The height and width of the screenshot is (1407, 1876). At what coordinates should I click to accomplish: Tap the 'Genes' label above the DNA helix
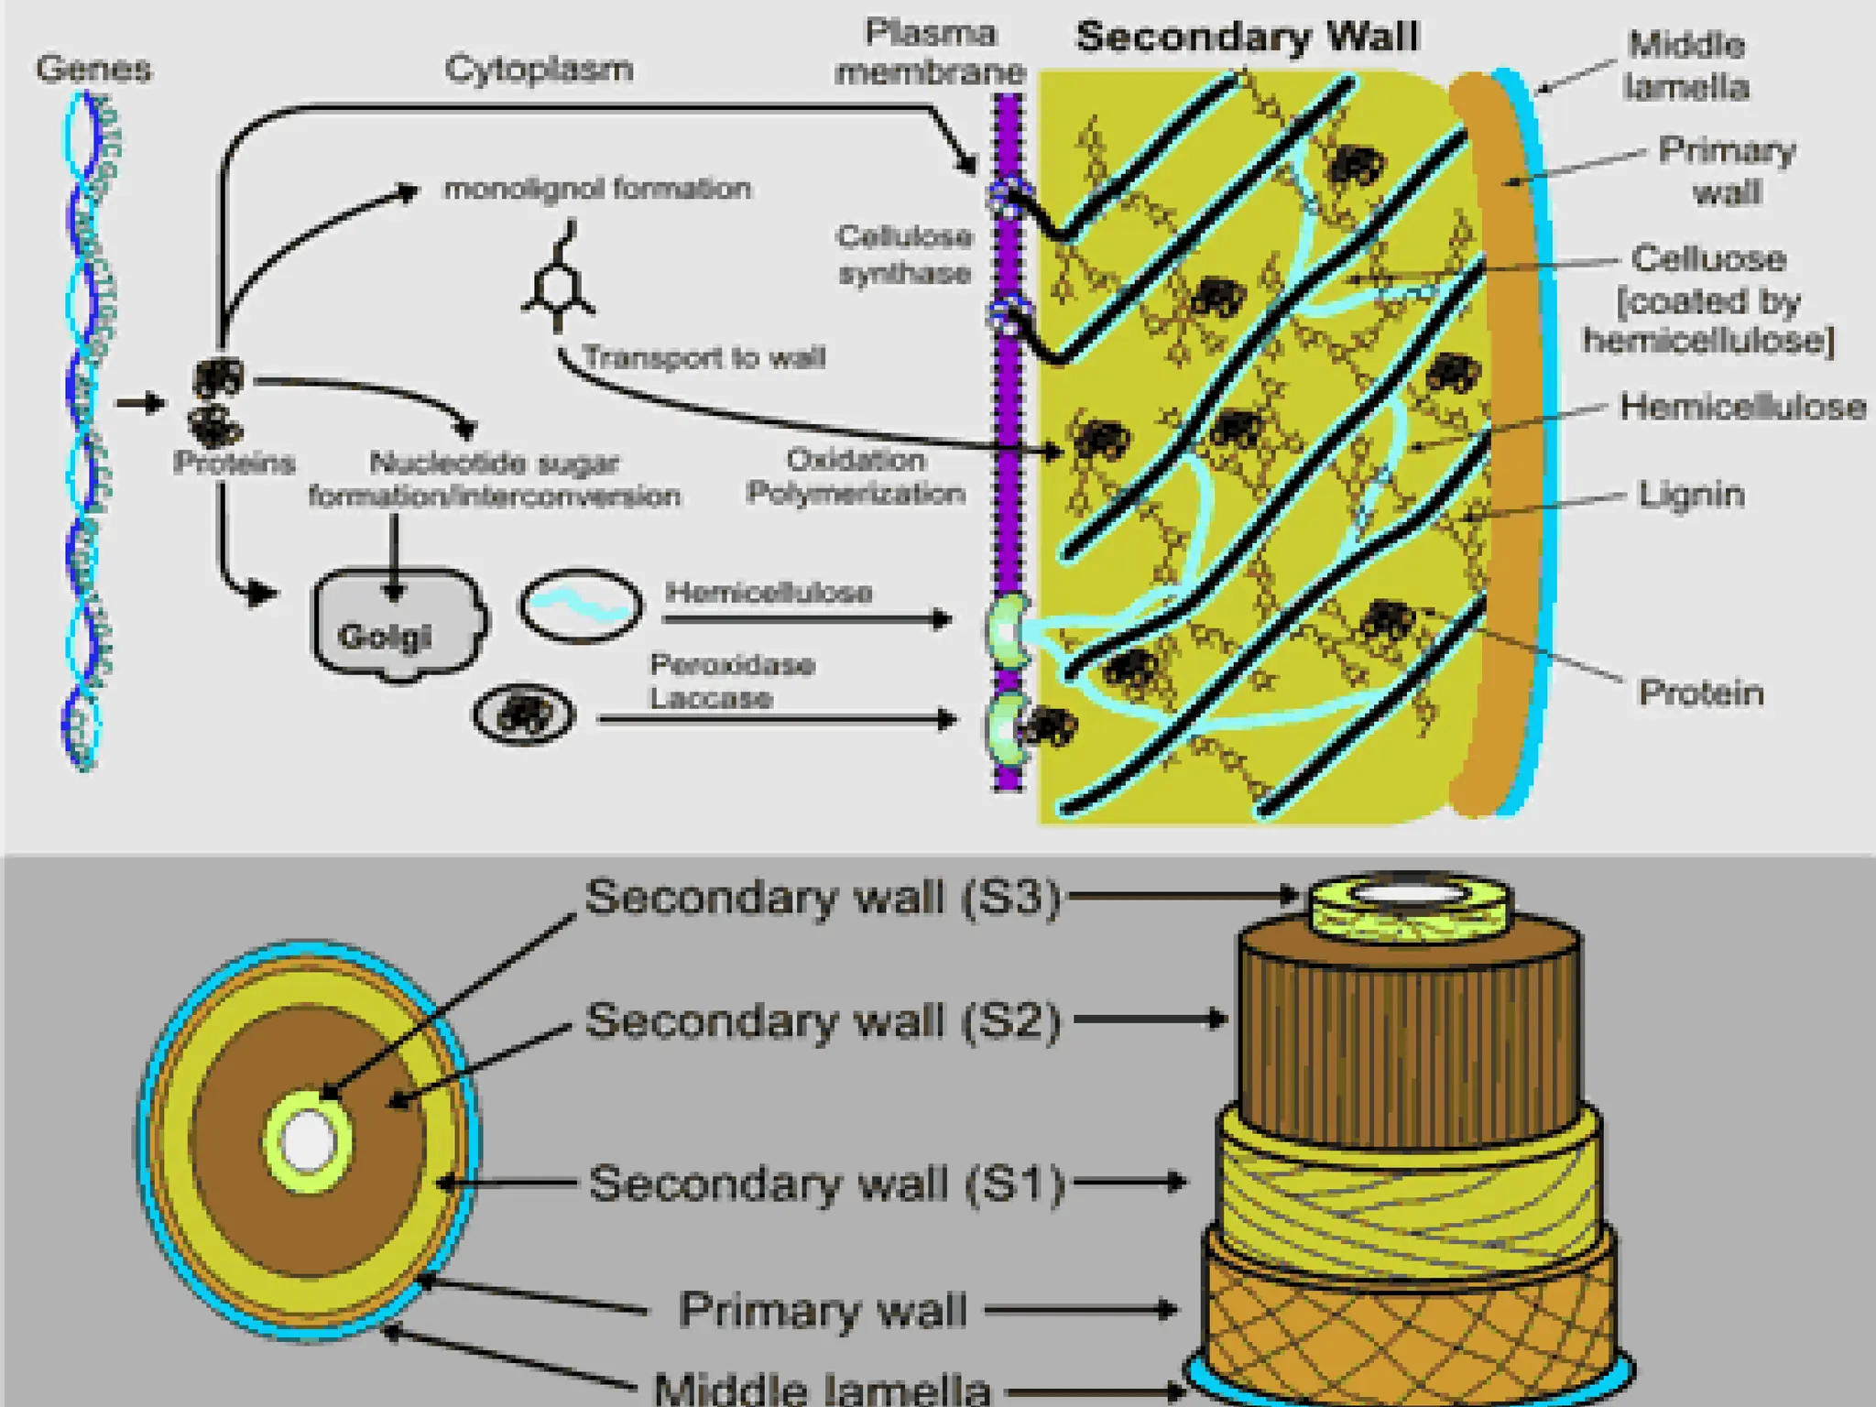pos(93,69)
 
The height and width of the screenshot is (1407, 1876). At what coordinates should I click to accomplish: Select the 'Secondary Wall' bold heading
pos(1247,37)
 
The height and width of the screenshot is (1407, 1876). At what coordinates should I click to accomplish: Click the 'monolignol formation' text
pos(597,189)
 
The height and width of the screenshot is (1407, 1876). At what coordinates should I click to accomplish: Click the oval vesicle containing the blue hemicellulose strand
pos(581,605)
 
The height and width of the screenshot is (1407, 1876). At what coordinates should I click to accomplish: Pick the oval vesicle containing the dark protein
pos(524,714)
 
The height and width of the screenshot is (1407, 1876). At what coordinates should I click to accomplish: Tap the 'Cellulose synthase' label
pos(904,255)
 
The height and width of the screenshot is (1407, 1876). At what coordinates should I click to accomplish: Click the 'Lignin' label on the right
pos(1691,495)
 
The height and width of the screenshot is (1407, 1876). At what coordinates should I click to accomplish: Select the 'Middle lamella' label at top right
pos(1685,66)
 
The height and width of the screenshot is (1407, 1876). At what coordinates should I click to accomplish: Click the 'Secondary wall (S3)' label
pos(822,897)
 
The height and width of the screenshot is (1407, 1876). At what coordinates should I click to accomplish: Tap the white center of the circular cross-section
pos(308,1141)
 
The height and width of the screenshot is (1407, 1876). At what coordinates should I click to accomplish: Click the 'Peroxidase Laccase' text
pos(730,682)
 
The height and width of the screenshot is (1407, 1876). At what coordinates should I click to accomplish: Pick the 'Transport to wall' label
pos(703,357)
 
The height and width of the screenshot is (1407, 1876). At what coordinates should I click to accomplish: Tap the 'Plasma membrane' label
pos(930,52)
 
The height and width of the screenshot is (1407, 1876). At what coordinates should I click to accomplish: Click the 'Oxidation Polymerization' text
pos(856,476)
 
